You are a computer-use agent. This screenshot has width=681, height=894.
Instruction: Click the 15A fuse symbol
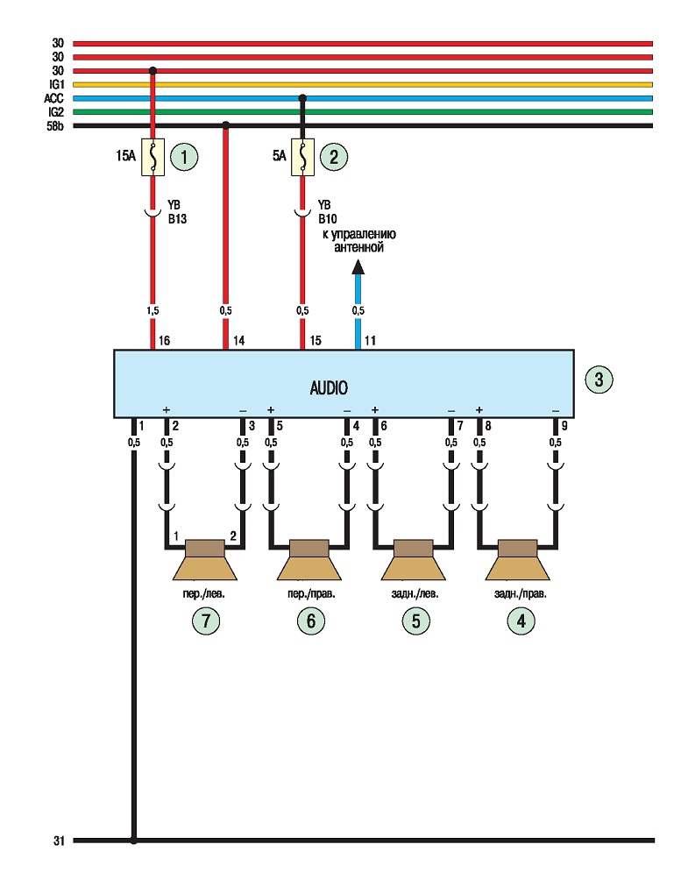click(153, 157)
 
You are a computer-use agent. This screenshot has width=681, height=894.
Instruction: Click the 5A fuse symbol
click(303, 157)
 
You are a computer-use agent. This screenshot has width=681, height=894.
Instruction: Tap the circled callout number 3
click(599, 380)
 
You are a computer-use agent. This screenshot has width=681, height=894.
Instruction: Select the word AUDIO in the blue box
click(329, 388)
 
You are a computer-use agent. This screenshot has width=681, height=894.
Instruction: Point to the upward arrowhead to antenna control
click(358, 266)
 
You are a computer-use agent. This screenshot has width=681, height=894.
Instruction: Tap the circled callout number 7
click(206, 621)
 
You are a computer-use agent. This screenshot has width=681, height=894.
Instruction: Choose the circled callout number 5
click(415, 621)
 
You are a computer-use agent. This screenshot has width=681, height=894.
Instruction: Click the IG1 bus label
click(56, 84)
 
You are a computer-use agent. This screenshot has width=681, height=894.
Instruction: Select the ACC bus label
click(54, 98)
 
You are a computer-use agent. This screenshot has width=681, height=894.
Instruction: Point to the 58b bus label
click(55, 126)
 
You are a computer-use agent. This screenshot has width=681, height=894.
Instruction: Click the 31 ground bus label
click(60, 841)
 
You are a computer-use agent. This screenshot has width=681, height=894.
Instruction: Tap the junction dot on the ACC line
click(303, 99)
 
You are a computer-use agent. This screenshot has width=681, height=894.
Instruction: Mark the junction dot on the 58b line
click(226, 125)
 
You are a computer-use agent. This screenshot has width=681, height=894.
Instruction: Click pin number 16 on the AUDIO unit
click(164, 340)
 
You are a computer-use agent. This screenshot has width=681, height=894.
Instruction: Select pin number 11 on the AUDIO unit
click(370, 340)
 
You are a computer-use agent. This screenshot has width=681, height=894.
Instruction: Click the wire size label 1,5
click(153, 311)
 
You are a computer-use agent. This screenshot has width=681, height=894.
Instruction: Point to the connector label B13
click(177, 219)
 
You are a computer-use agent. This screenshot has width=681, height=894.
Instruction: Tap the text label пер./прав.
click(311, 594)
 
